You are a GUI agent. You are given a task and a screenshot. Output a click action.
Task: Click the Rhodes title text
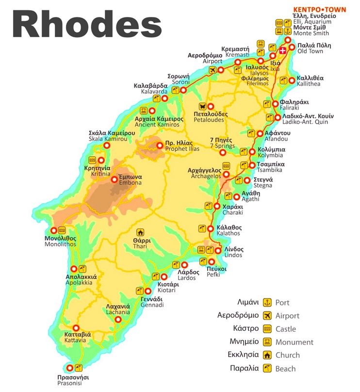(87, 24)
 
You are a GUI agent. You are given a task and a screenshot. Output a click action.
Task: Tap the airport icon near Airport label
(212, 70)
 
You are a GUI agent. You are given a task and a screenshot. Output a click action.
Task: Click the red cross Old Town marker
(283, 49)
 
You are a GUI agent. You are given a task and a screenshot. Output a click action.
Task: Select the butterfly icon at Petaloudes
(203, 106)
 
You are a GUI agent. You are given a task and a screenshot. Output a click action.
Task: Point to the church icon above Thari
(141, 232)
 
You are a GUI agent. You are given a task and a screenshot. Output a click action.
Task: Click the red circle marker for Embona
(115, 179)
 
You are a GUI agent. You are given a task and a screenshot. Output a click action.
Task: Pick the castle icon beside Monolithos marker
(62, 230)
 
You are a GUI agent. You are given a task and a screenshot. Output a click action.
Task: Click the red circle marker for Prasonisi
(70, 367)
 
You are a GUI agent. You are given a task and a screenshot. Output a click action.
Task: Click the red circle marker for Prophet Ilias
(160, 145)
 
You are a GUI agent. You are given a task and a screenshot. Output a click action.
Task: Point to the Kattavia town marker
(75, 327)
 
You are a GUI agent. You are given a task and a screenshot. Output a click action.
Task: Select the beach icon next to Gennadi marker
(139, 291)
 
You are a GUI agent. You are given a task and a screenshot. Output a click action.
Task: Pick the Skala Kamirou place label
(108, 136)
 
